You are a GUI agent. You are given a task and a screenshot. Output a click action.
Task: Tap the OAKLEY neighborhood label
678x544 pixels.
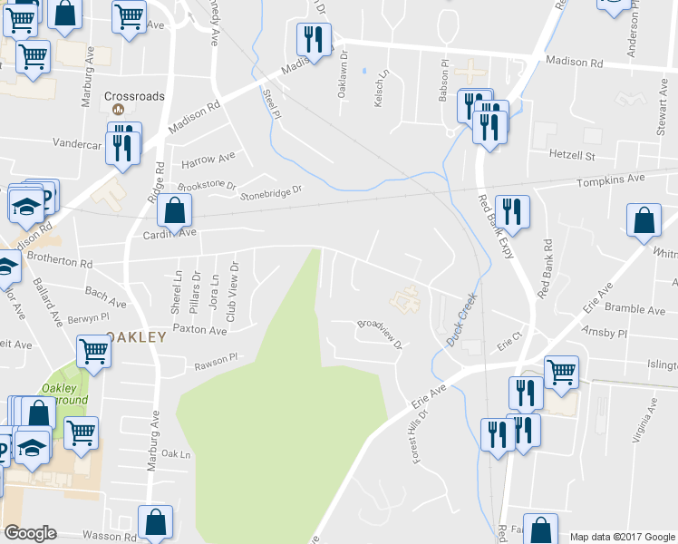pyautogui.click(x=137, y=336)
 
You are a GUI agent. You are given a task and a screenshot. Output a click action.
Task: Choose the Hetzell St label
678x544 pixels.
pyautogui.click(x=571, y=155)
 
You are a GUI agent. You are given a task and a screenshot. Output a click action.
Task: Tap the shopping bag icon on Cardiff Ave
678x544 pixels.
pyautogui.click(x=174, y=211)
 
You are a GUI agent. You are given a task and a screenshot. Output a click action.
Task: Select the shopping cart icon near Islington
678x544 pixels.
pyautogui.click(x=561, y=369)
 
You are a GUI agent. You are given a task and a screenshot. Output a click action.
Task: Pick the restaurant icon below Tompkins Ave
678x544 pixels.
pyautogui.click(x=513, y=212)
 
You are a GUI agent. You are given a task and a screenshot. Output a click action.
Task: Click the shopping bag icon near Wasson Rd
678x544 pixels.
pyautogui.click(x=155, y=521)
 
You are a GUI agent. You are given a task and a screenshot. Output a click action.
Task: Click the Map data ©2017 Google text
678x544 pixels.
pyautogui.click(x=622, y=537)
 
